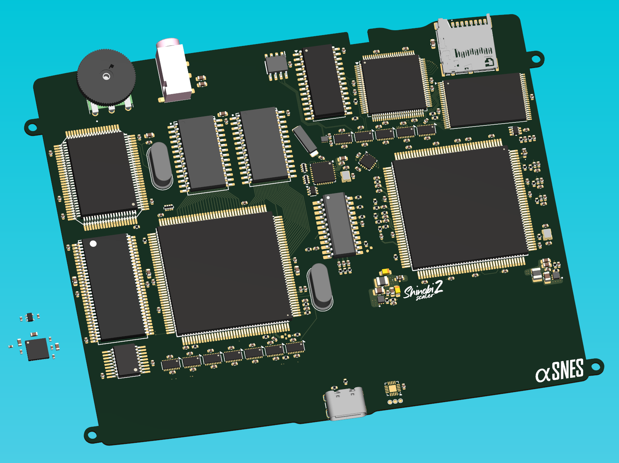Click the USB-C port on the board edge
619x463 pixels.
click(345, 404)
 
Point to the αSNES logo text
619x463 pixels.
click(560, 370)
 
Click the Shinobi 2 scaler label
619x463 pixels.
click(423, 290)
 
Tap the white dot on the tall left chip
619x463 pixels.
click(93, 243)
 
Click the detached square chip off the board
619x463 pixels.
click(37, 349)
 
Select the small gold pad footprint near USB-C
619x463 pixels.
click(392, 389)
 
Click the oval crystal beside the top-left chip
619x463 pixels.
click(161, 165)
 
